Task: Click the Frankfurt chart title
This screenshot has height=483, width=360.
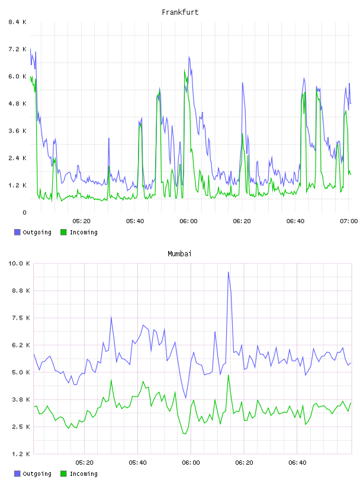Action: (x=180, y=12)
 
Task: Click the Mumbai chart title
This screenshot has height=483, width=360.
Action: (x=179, y=254)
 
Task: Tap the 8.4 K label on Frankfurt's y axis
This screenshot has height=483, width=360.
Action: (x=18, y=22)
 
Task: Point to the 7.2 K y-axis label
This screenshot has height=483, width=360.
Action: (x=18, y=49)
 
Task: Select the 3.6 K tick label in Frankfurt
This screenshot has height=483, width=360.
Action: (x=18, y=131)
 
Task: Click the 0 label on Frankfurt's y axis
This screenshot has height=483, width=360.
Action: (x=24, y=212)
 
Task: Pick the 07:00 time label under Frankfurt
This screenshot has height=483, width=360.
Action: (x=349, y=221)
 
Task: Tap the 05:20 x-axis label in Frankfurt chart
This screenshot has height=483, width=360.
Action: (x=82, y=221)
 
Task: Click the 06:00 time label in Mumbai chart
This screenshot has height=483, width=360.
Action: (x=191, y=463)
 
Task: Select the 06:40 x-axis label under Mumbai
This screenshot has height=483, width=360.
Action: (x=297, y=463)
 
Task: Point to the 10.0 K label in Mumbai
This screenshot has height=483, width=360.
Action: (x=19, y=263)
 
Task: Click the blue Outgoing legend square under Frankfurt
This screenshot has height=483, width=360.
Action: (x=17, y=232)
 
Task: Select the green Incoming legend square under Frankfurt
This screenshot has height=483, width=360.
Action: (x=63, y=232)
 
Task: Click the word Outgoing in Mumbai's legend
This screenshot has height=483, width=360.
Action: (x=37, y=474)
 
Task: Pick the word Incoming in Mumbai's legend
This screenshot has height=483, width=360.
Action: (x=83, y=474)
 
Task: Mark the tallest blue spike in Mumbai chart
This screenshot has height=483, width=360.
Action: (x=229, y=272)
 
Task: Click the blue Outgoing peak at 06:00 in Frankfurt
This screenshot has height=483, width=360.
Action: (x=189, y=57)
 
